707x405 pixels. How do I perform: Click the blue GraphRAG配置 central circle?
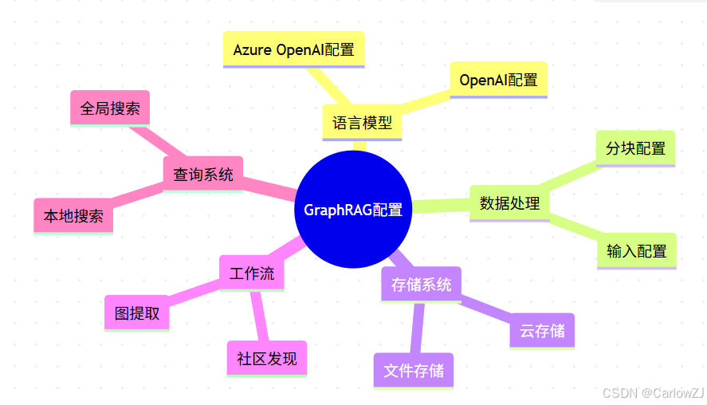pos(353,210)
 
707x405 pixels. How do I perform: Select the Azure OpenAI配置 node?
pos(293,49)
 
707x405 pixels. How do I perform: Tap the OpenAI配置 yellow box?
pos(498,80)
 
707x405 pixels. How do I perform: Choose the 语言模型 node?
pos(362,123)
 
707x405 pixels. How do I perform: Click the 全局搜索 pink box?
pos(110,108)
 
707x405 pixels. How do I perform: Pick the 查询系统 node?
pos(203,174)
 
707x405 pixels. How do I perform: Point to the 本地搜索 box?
pos(73,215)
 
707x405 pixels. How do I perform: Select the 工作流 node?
pos(252,274)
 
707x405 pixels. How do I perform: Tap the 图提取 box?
pos(137,313)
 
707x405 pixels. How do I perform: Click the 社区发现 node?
pos(266,358)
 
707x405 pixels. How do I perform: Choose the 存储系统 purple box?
pos(421,284)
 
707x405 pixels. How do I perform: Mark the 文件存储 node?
pos(413,371)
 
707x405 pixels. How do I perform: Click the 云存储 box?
pos(542,331)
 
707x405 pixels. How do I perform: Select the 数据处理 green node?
pos(509,202)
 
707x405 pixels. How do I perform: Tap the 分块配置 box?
pos(635,148)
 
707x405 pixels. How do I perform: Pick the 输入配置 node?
pos(636,251)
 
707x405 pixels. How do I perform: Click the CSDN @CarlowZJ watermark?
pos(653,393)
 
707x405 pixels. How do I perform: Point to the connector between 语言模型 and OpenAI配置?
pos(426,101)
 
